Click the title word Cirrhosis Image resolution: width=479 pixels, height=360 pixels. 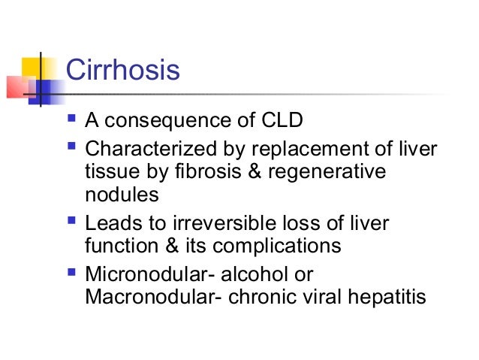click(x=123, y=71)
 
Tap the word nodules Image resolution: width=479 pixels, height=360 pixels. click(x=122, y=195)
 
